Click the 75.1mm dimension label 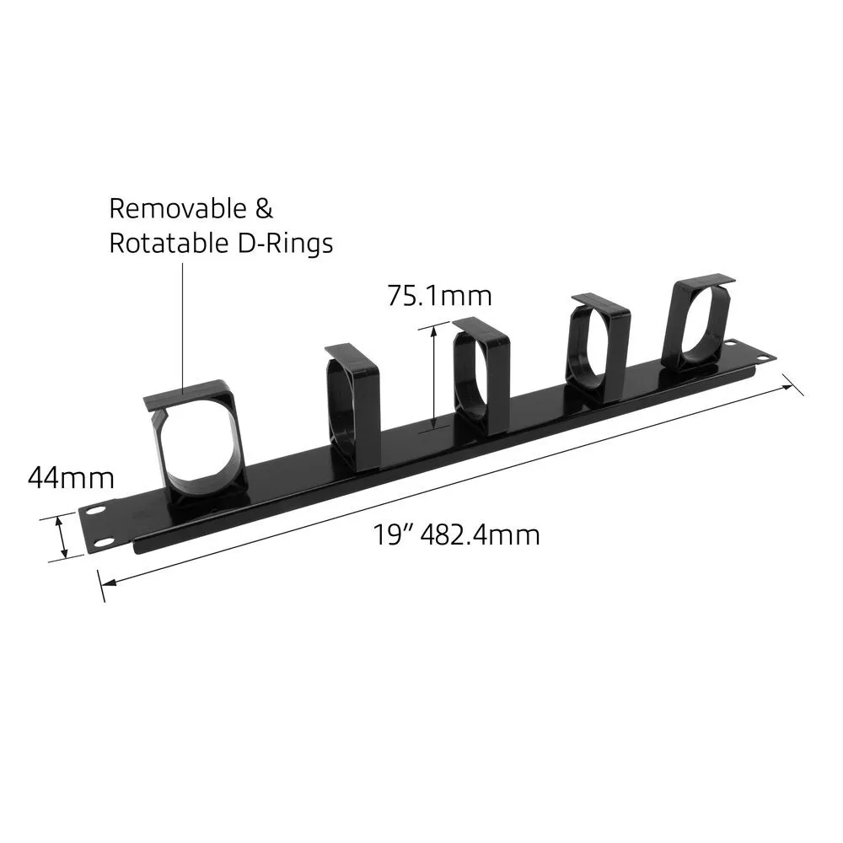click(x=439, y=296)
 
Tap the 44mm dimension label click(x=71, y=477)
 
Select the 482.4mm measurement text click(x=481, y=535)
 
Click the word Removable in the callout click(x=178, y=208)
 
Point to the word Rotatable click(x=169, y=244)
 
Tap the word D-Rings click(x=285, y=244)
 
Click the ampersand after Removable click(x=264, y=208)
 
